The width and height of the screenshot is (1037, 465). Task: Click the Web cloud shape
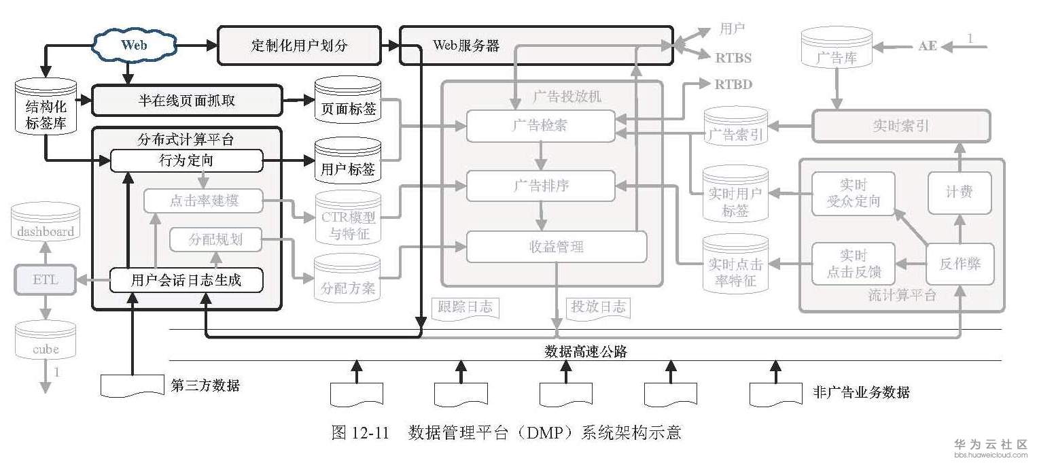tap(134, 45)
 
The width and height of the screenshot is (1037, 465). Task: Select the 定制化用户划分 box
tap(299, 45)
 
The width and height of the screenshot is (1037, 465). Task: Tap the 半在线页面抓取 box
tap(187, 100)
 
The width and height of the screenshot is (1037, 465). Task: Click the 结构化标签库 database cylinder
tap(46, 107)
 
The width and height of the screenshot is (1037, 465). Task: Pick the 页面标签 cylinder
tap(348, 101)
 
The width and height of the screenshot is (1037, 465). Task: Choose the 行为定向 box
tap(187, 160)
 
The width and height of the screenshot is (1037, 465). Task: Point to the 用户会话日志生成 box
tap(186, 279)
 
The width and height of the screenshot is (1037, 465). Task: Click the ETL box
tap(46, 279)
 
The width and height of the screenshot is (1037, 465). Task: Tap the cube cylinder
tap(46, 340)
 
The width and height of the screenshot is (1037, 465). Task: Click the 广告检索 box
tap(541, 126)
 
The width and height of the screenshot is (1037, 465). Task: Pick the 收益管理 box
tap(557, 246)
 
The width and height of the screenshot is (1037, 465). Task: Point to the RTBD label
tap(733, 84)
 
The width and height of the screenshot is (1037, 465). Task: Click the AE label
tap(928, 46)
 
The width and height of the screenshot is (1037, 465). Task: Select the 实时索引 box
tap(901, 126)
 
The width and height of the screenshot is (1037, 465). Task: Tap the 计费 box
tap(960, 192)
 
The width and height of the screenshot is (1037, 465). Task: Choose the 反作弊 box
tap(960, 264)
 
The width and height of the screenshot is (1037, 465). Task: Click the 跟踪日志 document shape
tap(465, 308)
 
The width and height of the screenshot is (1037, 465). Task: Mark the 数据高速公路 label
tap(586, 351)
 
